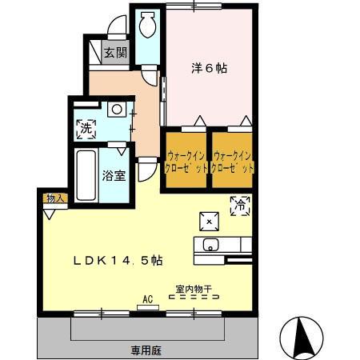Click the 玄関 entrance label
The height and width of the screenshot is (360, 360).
pos(115,54)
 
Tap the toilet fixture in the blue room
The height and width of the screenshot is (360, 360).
pos(146,26)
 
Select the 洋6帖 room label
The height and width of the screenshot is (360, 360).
pos(209,69)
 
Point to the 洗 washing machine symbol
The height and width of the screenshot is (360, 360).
pos(85,126)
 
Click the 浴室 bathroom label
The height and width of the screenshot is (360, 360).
pos(113,176)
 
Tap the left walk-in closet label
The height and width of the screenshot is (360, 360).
pos(186,162)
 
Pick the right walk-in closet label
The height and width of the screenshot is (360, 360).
pos(234,162)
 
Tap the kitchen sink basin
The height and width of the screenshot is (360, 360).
pos(211,245)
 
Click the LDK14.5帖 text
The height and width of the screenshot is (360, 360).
pos(119,260)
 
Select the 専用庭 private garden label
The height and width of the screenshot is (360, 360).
pos(147,350)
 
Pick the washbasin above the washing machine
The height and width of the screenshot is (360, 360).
pos(117,108)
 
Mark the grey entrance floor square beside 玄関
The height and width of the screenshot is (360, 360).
pos(115,54)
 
